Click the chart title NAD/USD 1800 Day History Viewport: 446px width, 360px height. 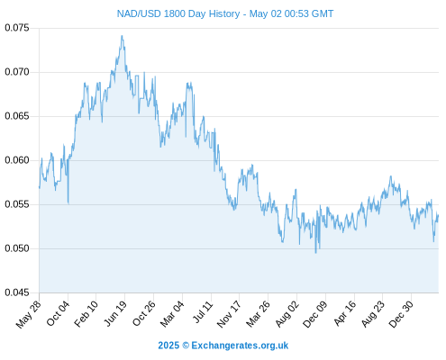click(178, 13)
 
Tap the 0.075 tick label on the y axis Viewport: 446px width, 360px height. click(17, 28)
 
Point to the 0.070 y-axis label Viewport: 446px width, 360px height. click(17, 72)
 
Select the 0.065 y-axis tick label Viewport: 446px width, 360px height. click(17, 116)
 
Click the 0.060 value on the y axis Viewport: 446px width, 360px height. click(17, 160)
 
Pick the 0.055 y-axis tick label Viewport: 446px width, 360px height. click(17, 204)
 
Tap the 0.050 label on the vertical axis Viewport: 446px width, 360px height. click(17, 248)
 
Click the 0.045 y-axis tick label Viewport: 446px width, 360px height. click(17, 292)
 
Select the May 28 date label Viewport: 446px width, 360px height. click(28, 314)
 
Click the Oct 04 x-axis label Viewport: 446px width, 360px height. click(58, 313)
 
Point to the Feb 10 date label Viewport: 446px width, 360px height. click(86, 313)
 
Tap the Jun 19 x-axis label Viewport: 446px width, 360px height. click(115, 313)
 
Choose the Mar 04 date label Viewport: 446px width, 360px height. click(172, 314)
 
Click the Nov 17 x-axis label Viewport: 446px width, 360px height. click(229, 314)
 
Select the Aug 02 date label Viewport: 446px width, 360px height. click(287, 314)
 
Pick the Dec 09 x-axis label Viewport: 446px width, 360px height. click(315, 314)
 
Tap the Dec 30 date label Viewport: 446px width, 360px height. click(401, 314)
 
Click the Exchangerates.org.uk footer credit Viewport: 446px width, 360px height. click(240, 346)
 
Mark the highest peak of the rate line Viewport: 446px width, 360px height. click(122, 36)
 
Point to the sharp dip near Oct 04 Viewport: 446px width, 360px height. click(68, 203)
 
